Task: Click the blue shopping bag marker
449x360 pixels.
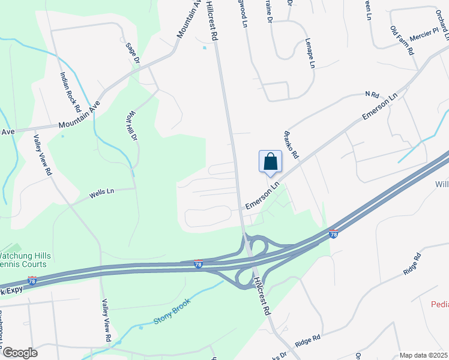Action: pos(270,161)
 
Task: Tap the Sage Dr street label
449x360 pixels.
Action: pos(133,53)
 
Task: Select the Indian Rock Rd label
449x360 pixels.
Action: pos(70,92)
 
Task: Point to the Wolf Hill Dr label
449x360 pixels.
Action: pos(133,126)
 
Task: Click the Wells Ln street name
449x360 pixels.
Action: pos(101,194)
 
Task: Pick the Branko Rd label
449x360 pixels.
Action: pos(291,144)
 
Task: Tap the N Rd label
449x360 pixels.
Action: pos(372,95)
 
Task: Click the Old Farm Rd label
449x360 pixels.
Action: pos(403,41)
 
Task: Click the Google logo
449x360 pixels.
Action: pos(20,353)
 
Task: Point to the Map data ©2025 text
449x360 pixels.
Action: pos(423,355)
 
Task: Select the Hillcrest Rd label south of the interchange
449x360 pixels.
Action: pos(262,297)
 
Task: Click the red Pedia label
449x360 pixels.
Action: pos(439,304)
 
